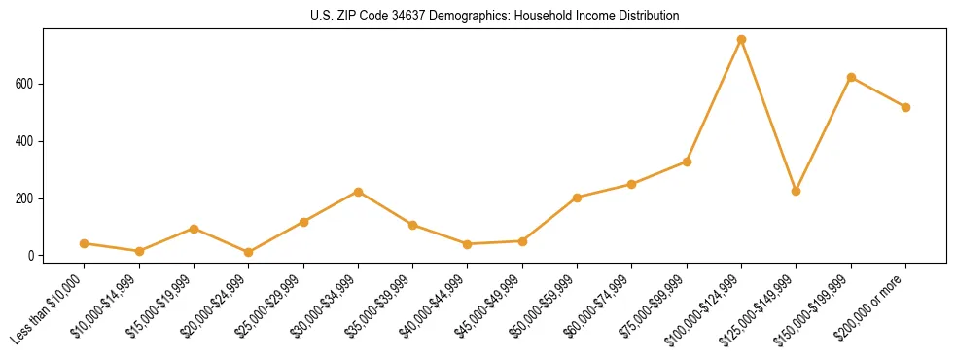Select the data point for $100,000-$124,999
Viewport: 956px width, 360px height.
(741, 40)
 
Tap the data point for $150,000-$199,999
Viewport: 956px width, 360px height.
(851, 77)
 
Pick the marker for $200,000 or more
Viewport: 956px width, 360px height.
(905, 107)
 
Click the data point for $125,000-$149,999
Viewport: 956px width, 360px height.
(796, 191)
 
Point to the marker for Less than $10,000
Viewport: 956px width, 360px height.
(84, 243)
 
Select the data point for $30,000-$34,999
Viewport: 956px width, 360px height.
(358, 192)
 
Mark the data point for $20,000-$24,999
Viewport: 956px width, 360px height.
(248, 253)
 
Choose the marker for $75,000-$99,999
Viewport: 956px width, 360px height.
(687, 162)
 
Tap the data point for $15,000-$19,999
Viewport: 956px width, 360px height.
(194, 229)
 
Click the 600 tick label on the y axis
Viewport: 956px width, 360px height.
(24, 84)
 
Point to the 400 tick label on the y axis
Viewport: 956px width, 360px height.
(24, 141)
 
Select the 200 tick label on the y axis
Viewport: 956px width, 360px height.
(24, 198)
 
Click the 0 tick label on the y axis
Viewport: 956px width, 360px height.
(31, 256)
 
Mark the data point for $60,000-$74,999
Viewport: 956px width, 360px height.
(631, 184)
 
